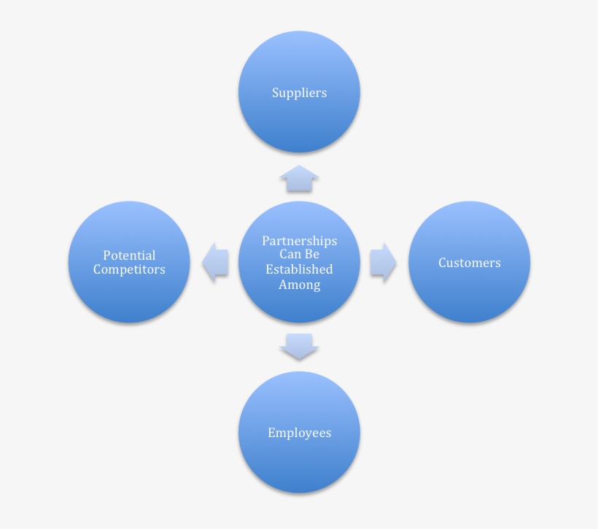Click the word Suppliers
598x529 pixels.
pos(299,93)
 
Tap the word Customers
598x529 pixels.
pos(469,263)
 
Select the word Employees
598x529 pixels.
pos(299,433)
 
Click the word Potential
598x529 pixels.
pos(129,255)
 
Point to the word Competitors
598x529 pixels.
pos(129,269)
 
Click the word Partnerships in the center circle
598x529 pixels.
pos(299,241)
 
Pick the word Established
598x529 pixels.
pos(299,269)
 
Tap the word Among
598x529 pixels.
pos(299,284)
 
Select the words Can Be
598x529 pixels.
pos(299,255)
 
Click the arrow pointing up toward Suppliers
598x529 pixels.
pos(299,179)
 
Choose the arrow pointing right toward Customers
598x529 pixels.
pos(383,263)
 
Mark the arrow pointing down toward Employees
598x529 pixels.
pos(299,346)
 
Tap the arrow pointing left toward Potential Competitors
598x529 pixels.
pos(216,263)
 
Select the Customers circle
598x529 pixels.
pos(469,292)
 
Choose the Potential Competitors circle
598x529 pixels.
pos(129,296)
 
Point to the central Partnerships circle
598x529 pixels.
pos(299,306)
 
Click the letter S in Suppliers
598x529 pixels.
pos(276,93)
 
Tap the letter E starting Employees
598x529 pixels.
pos(271,433)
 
